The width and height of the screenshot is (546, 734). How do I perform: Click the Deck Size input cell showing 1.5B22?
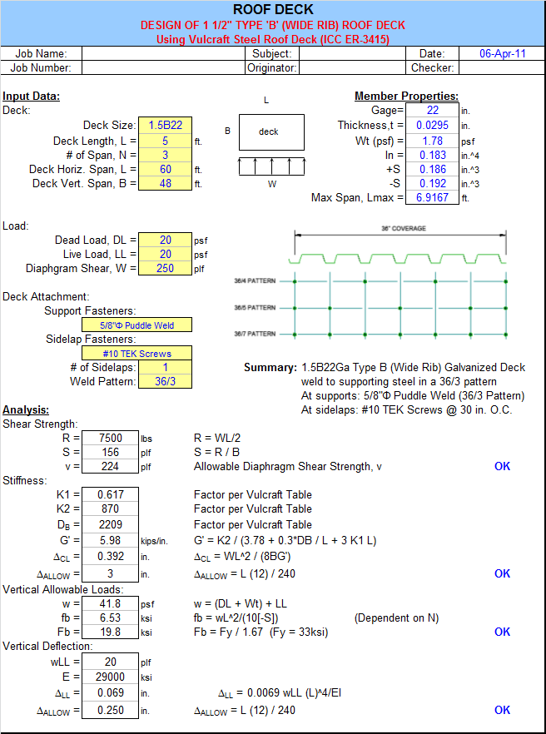click(166, 126)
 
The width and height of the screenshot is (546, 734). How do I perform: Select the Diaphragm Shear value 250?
click(166, 268)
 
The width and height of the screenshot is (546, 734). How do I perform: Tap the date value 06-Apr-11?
click(502, 53)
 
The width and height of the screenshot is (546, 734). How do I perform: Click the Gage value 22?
click(432, 110)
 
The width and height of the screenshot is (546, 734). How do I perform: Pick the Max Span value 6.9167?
click(432, 197)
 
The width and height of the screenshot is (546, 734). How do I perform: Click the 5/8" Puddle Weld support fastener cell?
click(136, 325)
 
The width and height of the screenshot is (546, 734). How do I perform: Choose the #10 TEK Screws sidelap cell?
click(136, 354)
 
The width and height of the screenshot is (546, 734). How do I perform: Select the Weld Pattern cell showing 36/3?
click(166, 381)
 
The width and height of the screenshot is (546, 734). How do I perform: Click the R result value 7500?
click(111, 438)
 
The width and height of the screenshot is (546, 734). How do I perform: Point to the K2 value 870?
click(111, 508)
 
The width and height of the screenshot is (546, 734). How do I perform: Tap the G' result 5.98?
click(111, 540)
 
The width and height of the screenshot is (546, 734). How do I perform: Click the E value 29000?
click(111, 677)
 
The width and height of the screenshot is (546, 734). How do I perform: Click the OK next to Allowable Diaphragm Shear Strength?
click(502, 466)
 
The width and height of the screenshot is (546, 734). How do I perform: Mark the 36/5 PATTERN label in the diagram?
click(255, 308)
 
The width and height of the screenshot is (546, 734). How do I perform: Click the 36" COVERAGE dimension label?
click(404, 228)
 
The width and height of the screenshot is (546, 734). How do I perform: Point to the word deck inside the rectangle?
click(268, 132)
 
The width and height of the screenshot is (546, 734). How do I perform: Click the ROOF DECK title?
click(273, 9)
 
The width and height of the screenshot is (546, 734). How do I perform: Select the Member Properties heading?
click(406, 96)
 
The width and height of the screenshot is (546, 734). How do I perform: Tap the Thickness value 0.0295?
click(432, 126)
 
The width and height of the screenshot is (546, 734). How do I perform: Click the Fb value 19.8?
click(111, 632)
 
